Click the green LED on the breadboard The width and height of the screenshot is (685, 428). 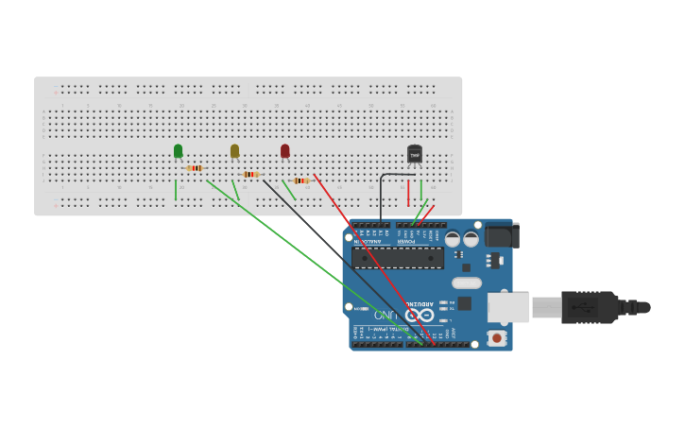178,151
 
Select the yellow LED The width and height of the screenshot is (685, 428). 234,151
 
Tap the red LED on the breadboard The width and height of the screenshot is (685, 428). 284,151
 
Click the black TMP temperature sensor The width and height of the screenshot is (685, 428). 414,154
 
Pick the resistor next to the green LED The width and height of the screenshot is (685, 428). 196,168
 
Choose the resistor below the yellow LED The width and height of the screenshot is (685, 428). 250,174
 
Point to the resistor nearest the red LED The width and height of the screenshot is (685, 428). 301,180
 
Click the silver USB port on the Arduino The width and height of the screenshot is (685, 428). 507,307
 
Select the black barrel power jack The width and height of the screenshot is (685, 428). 501,234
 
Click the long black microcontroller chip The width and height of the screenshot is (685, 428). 397,257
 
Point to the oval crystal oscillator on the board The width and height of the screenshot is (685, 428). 466,282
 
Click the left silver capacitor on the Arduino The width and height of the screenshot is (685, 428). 453,239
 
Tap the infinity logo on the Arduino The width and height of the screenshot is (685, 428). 420,315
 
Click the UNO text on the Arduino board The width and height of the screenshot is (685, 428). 385,315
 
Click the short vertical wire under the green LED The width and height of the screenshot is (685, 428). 176,191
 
